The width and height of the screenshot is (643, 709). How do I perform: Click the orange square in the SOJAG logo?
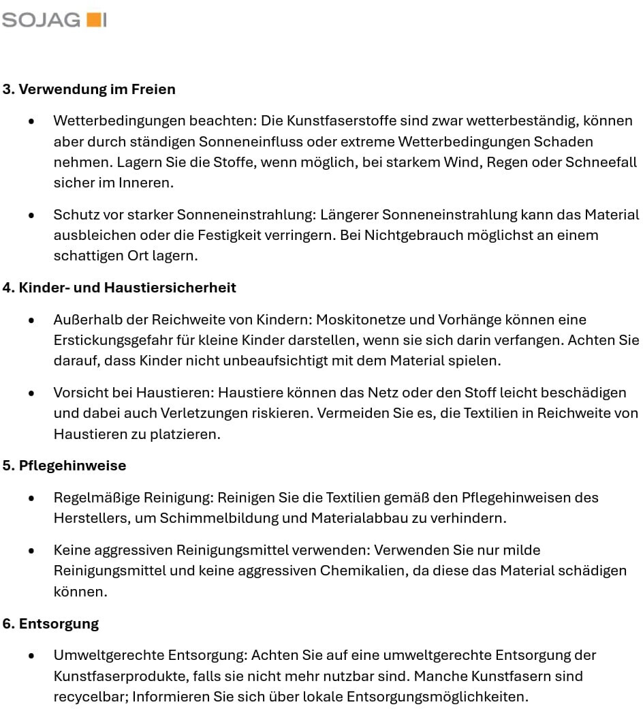click(93, 20)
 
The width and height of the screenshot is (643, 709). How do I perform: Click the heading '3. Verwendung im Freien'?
click(89, 89)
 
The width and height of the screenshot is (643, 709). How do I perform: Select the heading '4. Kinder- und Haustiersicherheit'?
click(119, 288)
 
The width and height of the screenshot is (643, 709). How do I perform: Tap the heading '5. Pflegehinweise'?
click(65, 466)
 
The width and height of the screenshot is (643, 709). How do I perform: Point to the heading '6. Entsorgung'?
click(51, 624)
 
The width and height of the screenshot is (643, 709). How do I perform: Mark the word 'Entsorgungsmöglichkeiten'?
click(437, 697)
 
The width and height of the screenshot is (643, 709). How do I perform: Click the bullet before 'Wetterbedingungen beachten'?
click(31, 121)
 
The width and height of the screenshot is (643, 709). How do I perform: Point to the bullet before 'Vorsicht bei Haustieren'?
click(31, 393)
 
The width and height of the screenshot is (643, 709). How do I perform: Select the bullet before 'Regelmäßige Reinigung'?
click(31, 498)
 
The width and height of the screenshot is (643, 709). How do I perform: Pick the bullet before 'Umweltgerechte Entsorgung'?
click(31, 656)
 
